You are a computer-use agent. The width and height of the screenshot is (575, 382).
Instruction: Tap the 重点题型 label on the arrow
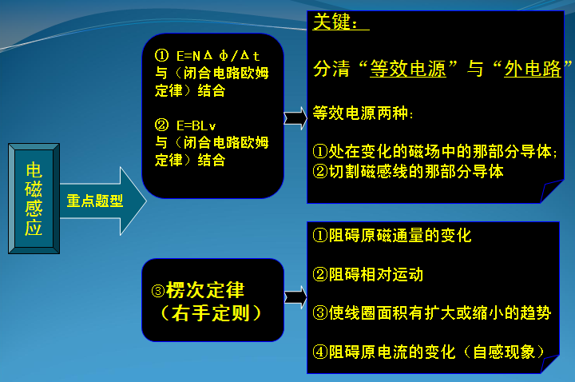[94, 201]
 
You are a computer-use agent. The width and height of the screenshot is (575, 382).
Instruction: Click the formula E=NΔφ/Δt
[218, 57]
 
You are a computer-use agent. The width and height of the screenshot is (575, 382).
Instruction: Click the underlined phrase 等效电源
[407, 69]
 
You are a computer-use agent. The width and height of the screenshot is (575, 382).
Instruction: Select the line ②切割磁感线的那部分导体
[407, 170]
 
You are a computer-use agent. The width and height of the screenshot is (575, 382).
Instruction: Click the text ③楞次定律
[204, 289]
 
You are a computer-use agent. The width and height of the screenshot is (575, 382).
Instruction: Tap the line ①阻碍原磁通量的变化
[391, 236]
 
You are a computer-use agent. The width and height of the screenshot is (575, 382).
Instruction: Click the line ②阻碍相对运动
[367, 274]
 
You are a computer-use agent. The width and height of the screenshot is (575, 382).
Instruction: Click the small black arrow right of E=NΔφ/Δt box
[295, 119]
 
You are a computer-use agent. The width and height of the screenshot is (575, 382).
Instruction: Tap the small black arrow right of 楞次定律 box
[295, 297]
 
